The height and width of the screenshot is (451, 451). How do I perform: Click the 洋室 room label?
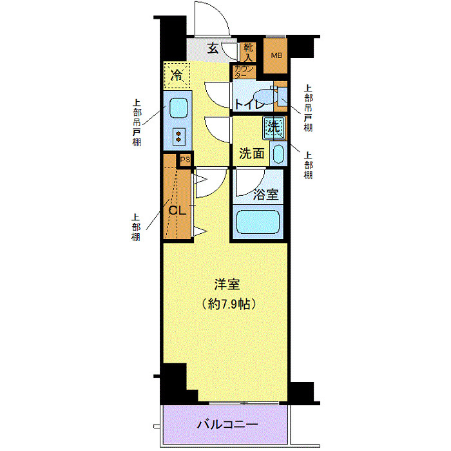pyautogui.click(x=227, y=283)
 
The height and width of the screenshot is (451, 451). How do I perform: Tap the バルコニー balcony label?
pyautogui.click(x=227, y=425)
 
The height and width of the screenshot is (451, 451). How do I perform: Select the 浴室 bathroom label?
pyautogui.click(x=265, y=193)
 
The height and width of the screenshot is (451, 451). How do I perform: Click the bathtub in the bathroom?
pyautogui.click(x=258, y=222)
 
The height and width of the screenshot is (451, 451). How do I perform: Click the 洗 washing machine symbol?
pyautogui.click(x=274, y=127)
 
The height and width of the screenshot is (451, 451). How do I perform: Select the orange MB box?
pyautogui.click(x=276, y=55)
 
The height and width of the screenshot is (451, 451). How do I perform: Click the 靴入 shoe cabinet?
pyautogui.click(x=248, y=52)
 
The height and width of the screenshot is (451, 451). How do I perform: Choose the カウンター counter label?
pyautogui.click(x=244, y=72)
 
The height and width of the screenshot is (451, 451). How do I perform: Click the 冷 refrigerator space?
pyautogui.click(x=177, y=75)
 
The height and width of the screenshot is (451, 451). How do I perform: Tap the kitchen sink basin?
pyautogui.click(x=177, y=108)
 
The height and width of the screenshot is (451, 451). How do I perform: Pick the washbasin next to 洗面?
pyautogui.click(x=278, y=153)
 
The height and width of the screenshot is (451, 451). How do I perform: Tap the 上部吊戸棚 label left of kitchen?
pyautogui.click(x=137, y=122)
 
